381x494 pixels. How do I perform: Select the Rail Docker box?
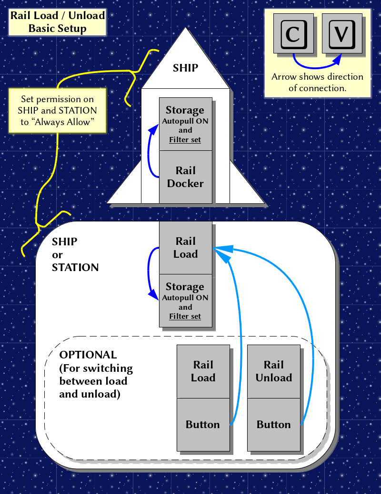tap(185, 177)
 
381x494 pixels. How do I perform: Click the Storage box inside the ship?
tap(185, 124)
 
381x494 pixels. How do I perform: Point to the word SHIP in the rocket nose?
tap(185, 68)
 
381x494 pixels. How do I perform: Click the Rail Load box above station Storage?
tap(185, 248)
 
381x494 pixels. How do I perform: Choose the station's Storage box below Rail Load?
tap(185, 301)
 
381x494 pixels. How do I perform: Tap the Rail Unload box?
tap(274, 371)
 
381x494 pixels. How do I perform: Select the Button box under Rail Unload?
tap(274, 424)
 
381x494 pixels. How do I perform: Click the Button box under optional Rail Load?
tap(203, 424)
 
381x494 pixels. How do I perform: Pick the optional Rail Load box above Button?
tap(203, 371)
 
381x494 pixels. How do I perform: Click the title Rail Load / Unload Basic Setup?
tap(58, 22)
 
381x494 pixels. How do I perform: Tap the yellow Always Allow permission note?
tap(58, 111)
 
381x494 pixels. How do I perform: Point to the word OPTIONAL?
tap(88, 355)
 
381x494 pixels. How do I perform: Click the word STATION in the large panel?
tap(75, 267)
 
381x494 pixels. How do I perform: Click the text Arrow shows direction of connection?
tap(317, 82)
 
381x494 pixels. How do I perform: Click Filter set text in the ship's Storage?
tap(185, 140)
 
